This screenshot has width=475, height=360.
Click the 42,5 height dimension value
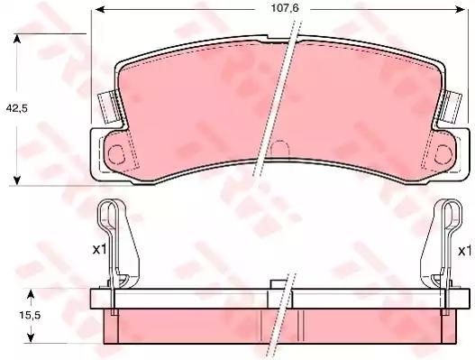pyautogui.click(x=17, y=108)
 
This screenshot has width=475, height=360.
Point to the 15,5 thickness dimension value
pyautogui.click(x=30, y=316)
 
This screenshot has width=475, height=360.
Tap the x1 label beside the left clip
pyautogui.click(x=100, y=250)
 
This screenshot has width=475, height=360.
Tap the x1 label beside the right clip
pyautogui.click(x=465, y=251)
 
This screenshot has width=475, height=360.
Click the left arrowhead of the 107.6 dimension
pyautogui.click(x=100, y=9)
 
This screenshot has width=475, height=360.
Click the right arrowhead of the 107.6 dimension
pyautogui.click(x=460, y=9)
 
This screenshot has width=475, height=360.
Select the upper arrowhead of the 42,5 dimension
pyautogui.click(x=17, y=39)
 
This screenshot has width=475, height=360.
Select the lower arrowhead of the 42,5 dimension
pyautogui.click(x=17, y=180)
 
